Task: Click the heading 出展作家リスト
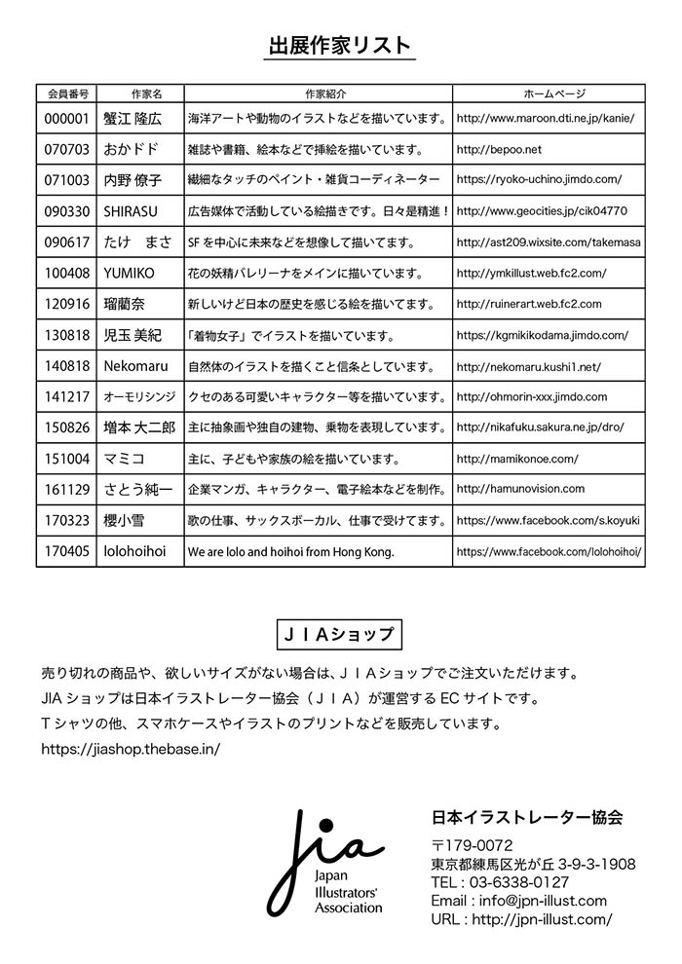coord(340,45)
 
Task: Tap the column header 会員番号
coord(67,94)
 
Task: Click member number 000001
coord(67,119)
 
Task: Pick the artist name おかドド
coord(131,150)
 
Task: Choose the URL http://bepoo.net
coord(498,150)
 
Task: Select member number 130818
coord(67,336)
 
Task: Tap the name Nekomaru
coord(135,366)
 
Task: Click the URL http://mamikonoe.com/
coord(516,459)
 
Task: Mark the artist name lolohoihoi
coord(134,551)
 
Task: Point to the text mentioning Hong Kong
coord(290,552)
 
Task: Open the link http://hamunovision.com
coord(520,489)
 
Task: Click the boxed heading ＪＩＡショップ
coord(340,634)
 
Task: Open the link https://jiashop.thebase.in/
coord(131,749)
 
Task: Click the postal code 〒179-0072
coord(472,845)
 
